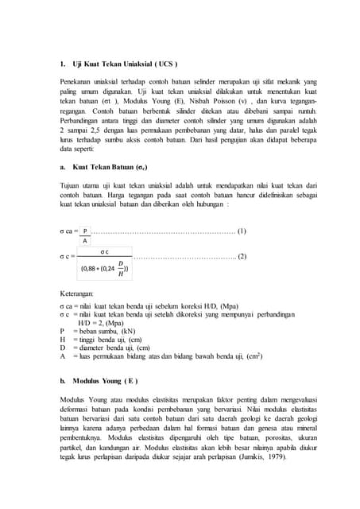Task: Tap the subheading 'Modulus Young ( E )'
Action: tap(106, 381)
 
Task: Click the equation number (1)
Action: tap(242, 231)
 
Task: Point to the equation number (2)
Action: tap(242, 256)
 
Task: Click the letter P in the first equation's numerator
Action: tap(85, 231)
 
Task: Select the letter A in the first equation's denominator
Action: tap(85, 240)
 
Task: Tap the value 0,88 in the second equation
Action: tap(91, 269)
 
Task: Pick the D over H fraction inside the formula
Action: tap(121, 269)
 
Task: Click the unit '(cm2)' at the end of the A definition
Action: tap(254, 356)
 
